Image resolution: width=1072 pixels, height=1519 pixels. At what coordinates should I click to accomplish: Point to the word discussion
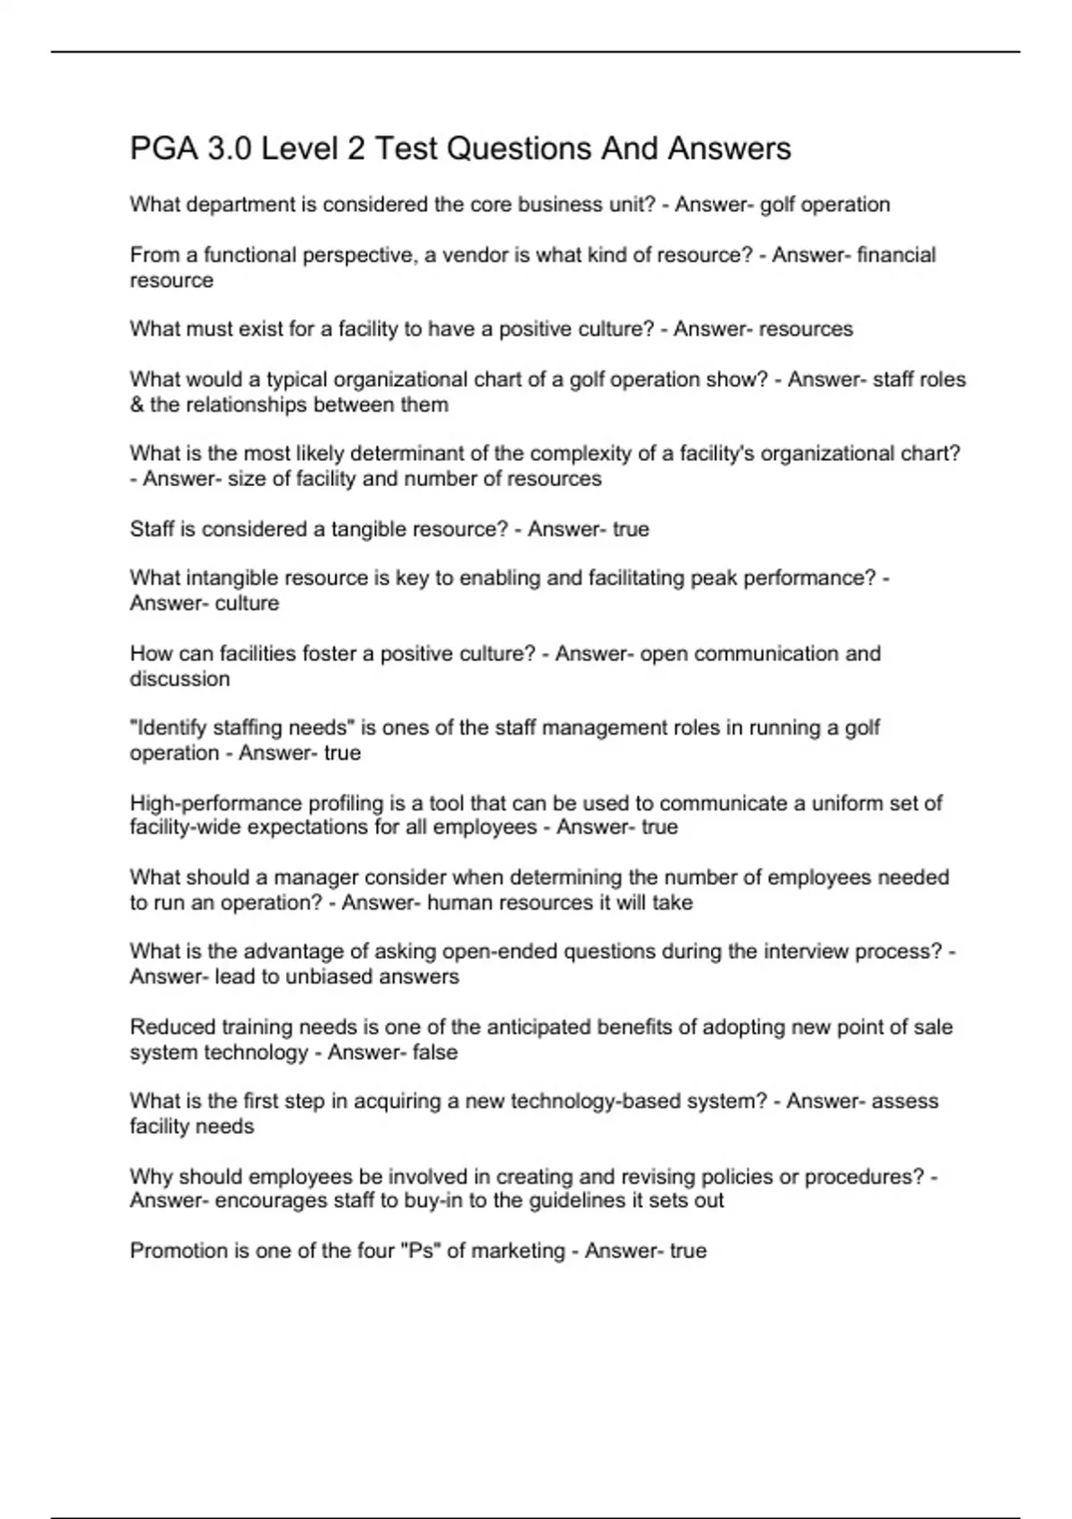tap(180, 679)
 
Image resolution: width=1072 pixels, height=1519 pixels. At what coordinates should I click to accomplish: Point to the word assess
tap(905, 1102)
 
